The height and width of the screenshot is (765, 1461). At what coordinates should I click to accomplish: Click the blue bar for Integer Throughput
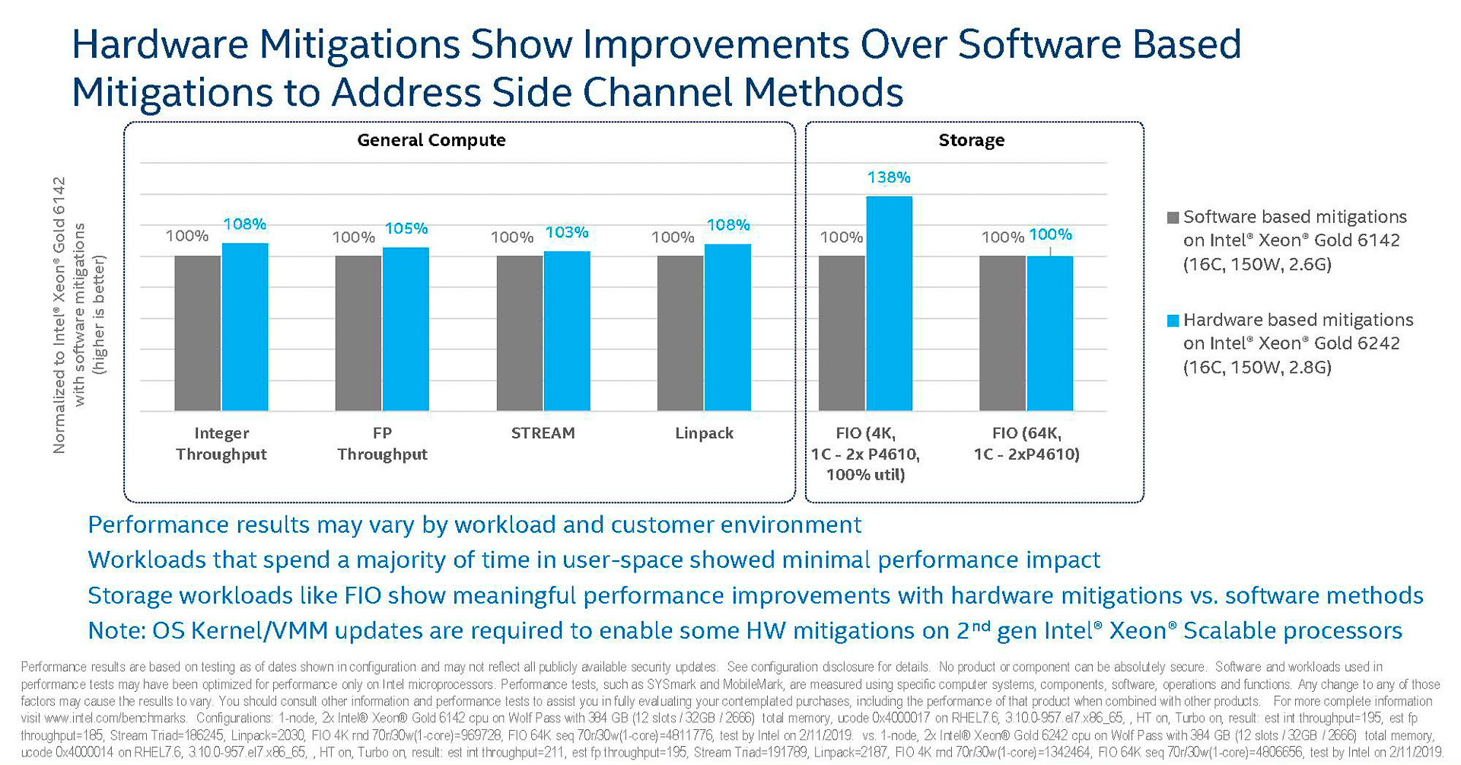tap(245, 327)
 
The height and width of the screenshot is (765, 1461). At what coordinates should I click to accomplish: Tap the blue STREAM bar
tap(567, 331)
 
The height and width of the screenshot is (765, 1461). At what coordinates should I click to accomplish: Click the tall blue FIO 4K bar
tap(889, 304)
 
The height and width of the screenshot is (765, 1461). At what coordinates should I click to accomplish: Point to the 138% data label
tap(889, 177)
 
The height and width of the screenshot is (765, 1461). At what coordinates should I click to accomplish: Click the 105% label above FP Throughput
tap(406, 228)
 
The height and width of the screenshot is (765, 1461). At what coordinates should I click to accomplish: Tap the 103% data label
tap(567, 232)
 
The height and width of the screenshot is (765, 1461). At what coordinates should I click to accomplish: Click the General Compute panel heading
tap(431, 140)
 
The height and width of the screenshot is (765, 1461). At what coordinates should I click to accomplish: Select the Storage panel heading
tap(971, 140)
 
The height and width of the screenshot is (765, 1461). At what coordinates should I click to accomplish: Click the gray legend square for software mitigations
tap(1173, 218)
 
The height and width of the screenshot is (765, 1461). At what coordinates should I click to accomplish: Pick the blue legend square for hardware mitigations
tap(1173, 320)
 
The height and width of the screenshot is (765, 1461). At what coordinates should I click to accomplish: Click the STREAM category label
tap(543, 433)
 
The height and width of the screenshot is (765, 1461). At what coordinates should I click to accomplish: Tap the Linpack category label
tap(704, 433)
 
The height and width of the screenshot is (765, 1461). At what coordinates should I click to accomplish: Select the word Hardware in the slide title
tap(159, 44)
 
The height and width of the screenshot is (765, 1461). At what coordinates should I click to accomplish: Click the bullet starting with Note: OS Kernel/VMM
tap(744, 631)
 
